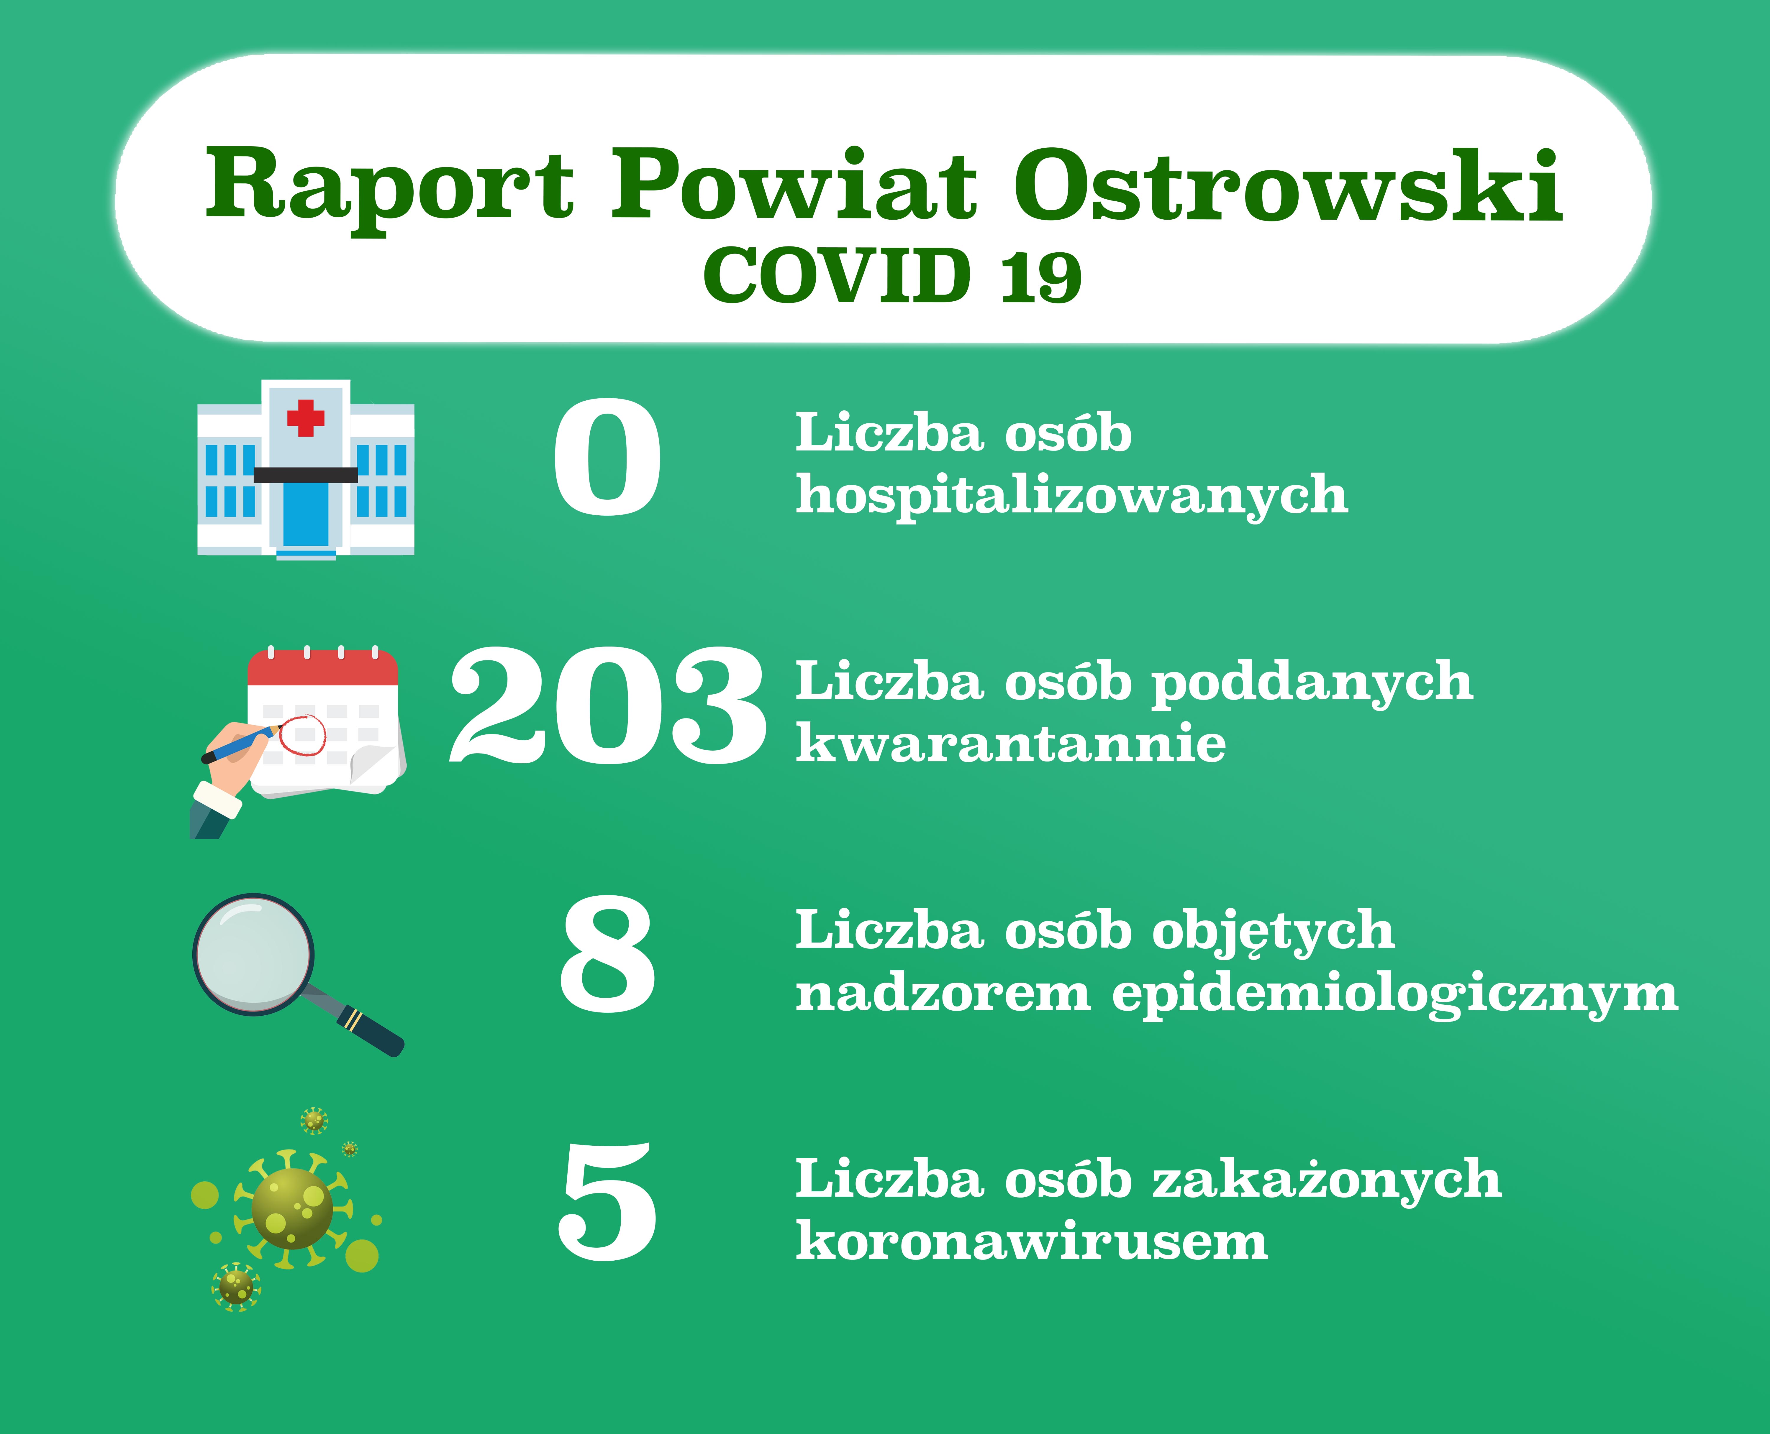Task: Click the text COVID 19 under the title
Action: (x=892, y=275)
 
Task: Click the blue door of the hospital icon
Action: (x=306, y=514)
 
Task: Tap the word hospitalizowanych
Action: (x=1072, y=496)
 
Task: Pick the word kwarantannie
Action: (x=1011, y=744)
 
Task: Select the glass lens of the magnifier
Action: (x=254, y=954)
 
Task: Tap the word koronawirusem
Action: (x=1031, y=1241)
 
